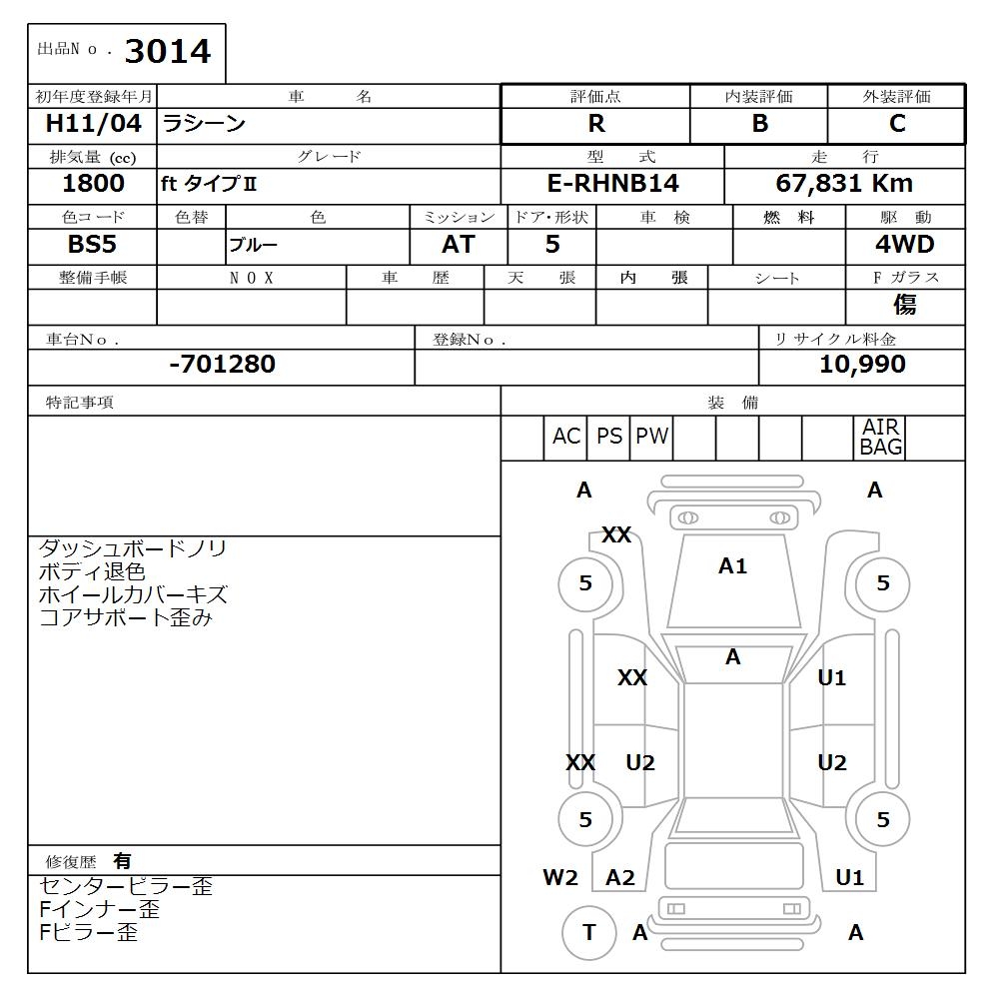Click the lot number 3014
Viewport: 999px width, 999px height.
coord(168,52)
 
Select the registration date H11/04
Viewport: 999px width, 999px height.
coord(93,123)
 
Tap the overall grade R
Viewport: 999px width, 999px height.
coord(596,124)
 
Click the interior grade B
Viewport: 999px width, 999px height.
coord(760,124)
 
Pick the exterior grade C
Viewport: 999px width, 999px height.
coord(897,124)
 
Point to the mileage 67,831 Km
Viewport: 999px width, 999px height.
coord(844,184)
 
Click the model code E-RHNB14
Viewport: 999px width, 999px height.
coord(613,184)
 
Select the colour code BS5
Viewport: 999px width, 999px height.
coord(92,244)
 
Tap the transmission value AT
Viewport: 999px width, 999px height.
coord(459,244)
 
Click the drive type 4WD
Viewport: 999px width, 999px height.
coord(905,244)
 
